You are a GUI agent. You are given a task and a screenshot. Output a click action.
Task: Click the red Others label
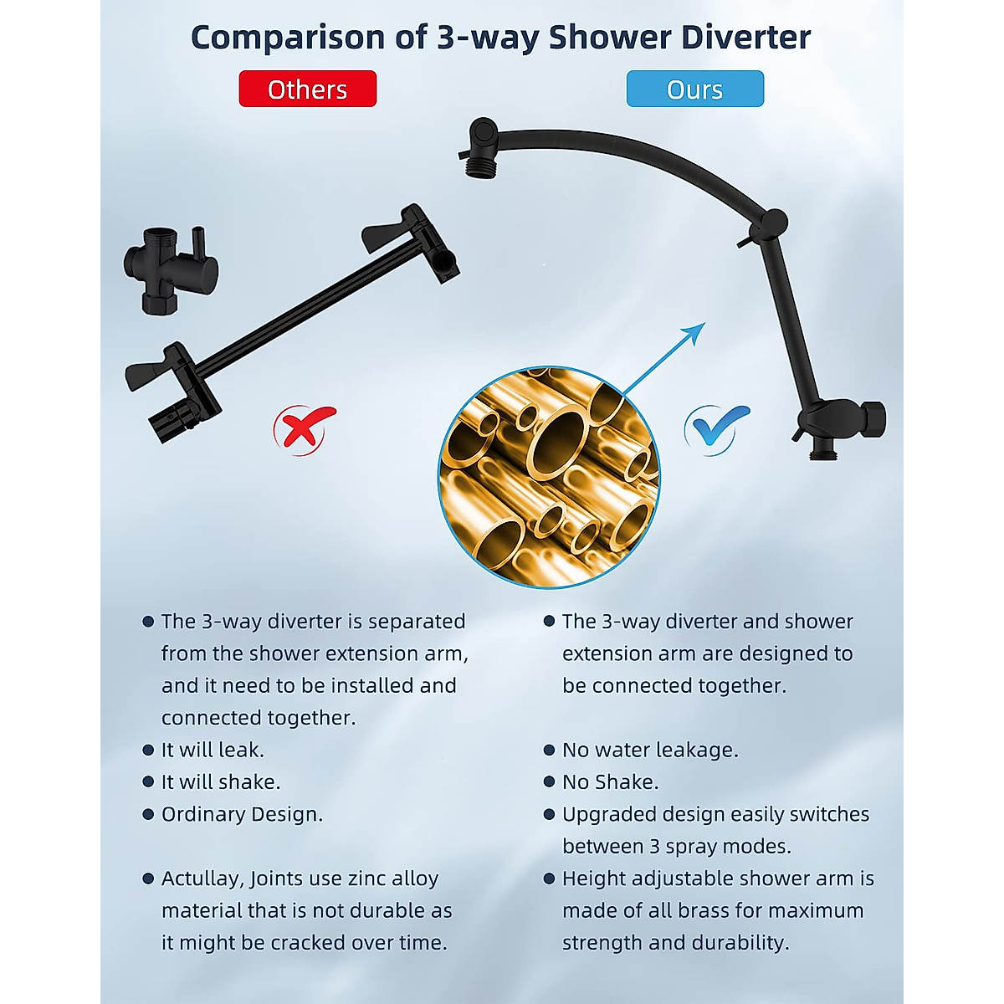click(307, 90)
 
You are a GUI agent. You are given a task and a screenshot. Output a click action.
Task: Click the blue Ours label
click(694, 90)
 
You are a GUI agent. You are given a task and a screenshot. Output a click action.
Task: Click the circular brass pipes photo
click(549, 477)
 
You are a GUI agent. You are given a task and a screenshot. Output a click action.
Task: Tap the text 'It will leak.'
click(213, 750)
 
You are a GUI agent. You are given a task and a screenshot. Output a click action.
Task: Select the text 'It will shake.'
click(221, 781)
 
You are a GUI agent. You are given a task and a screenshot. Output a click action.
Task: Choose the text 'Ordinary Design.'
click(242, 814)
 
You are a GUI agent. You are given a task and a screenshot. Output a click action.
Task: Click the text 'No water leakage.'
click(650, 750)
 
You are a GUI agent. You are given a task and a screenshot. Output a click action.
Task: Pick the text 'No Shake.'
click(610, 781)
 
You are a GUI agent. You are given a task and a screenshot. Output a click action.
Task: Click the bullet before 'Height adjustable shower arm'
click(549, 878)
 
